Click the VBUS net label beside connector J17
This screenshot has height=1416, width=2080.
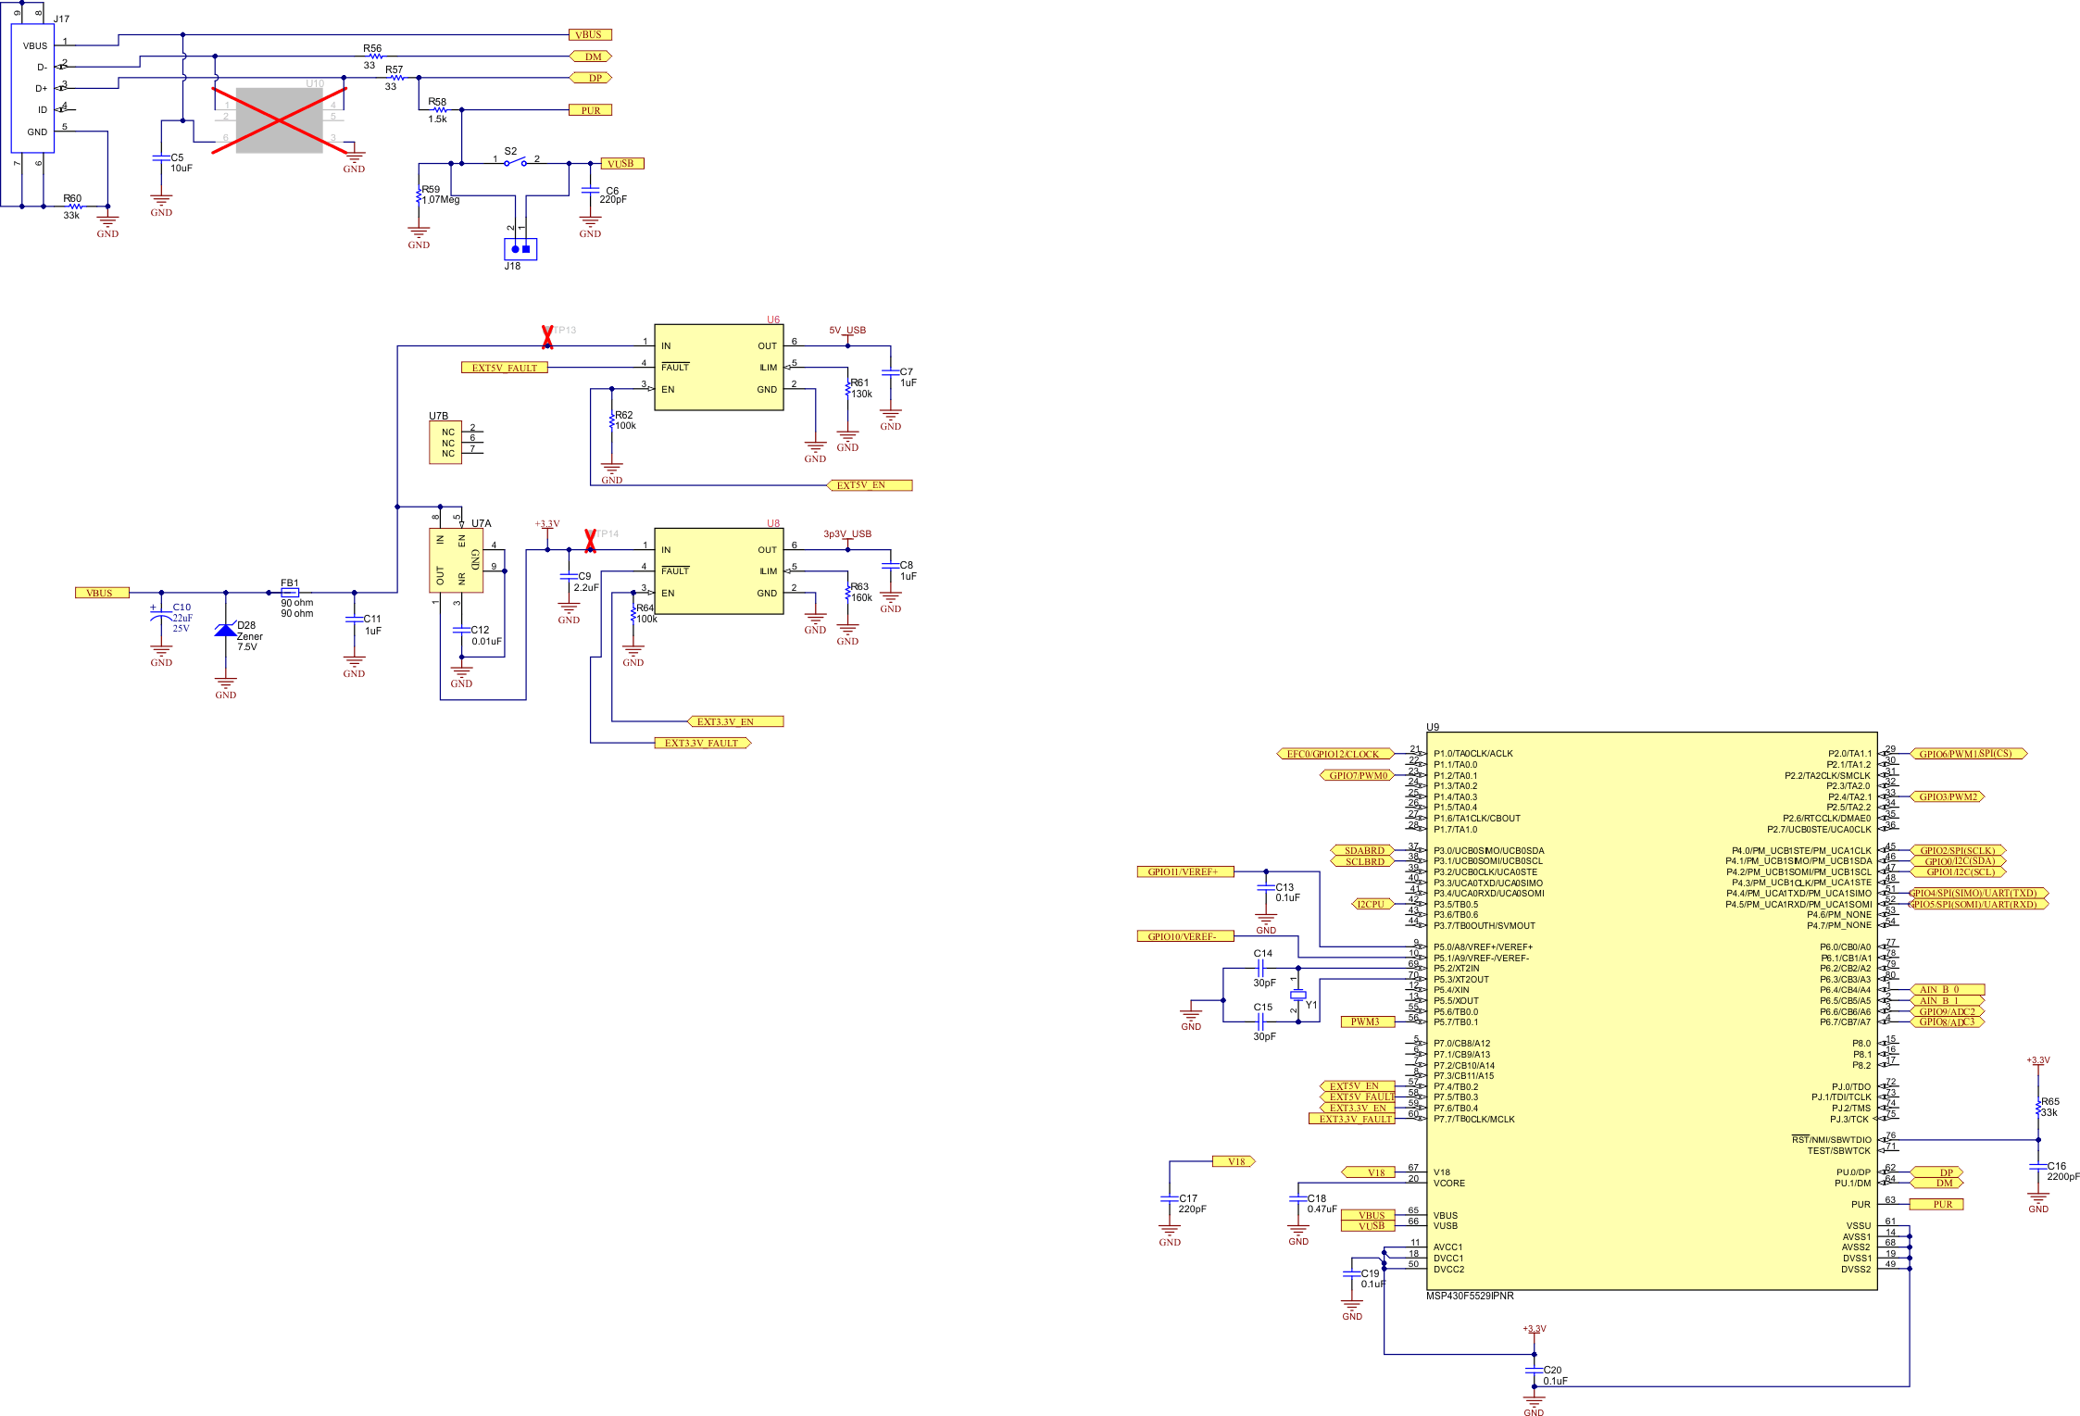tap(590, 35)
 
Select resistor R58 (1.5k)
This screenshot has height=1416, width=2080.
tap(439, 109)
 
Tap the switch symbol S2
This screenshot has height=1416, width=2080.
tap(516, 162)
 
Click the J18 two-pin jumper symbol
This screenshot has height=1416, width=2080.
tap(520, 249)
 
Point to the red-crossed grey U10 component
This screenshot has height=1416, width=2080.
tap(279, 120)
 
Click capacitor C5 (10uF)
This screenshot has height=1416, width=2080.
tap(161, 158)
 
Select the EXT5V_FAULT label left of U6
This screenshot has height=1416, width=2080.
tap(505, 368)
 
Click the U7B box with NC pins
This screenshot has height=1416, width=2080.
tap(445, 443)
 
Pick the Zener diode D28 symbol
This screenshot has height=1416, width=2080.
tap(225, 630)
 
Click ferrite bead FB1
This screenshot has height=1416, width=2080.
tap(290, 593)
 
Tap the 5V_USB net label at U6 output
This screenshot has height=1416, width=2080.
tap(846, 331)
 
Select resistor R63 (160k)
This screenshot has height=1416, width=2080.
tap(847, 593)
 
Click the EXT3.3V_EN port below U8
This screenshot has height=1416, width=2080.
tap(736, 721)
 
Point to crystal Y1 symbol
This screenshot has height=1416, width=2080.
tap(1298, 996)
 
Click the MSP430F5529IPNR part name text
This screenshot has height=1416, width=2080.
tap(1470, 1296)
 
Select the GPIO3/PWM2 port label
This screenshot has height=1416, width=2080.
tap(1948, 796)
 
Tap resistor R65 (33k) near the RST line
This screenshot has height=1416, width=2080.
tap(2038, 1107)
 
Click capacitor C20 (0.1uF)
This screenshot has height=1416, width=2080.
tap(1534, 1370)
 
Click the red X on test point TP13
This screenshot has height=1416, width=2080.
tap(547, 337)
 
